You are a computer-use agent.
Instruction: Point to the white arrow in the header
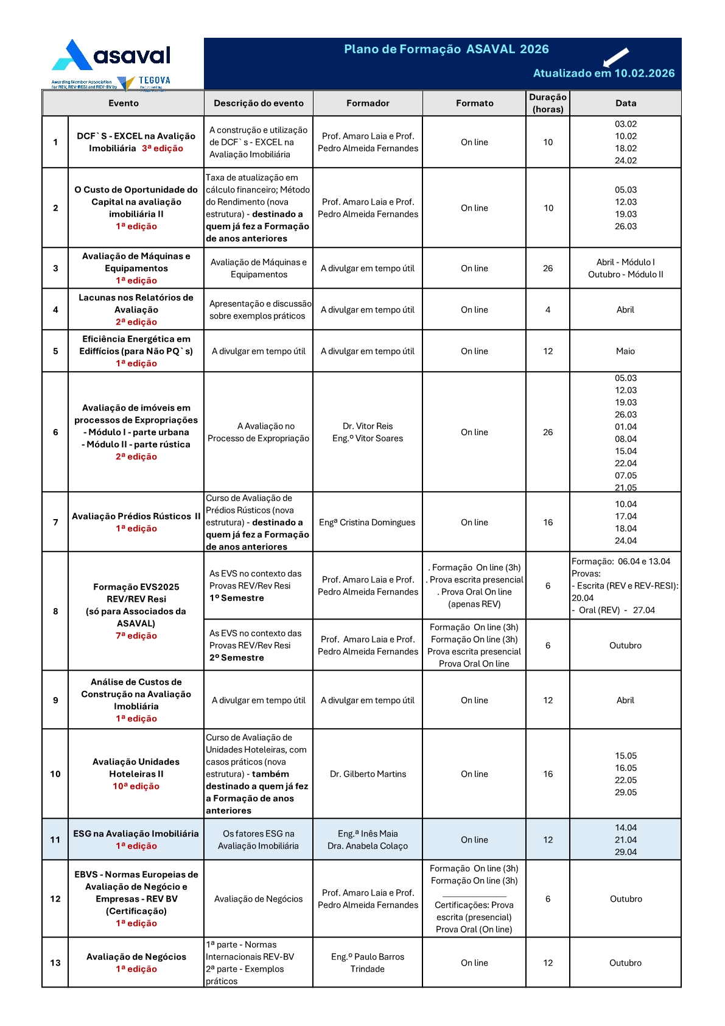(x=615, y=57)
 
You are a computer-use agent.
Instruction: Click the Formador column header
(x=368, y=103)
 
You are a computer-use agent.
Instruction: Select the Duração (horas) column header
(x=548, y=103)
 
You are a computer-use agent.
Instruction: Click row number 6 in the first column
(x=55, y=432)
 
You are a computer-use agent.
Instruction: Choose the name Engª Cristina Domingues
(x=367, y=522)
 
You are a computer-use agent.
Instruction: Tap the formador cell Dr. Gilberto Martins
(x=368, y=774)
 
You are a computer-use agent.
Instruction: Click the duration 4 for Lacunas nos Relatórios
(x=548, y=310)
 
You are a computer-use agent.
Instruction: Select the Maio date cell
(x=625, y=351)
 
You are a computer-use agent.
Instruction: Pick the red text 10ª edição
(x=136, y=786)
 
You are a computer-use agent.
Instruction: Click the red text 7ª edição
(x=136, y=635)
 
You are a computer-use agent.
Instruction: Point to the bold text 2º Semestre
(x=237, y=657)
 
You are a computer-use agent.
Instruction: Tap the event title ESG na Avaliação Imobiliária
(x=136, y=833)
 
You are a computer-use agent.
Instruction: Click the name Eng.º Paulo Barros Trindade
(x=368, y=963)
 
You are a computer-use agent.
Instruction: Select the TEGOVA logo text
(x=155, y=80)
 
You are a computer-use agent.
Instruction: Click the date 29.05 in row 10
(x=626, y=792)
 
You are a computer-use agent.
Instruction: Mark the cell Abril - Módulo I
(x=626, y=262)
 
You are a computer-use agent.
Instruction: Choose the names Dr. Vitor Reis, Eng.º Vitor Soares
(x=368, y=432)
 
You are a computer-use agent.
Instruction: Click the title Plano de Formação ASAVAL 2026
(x=446, y=49)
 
